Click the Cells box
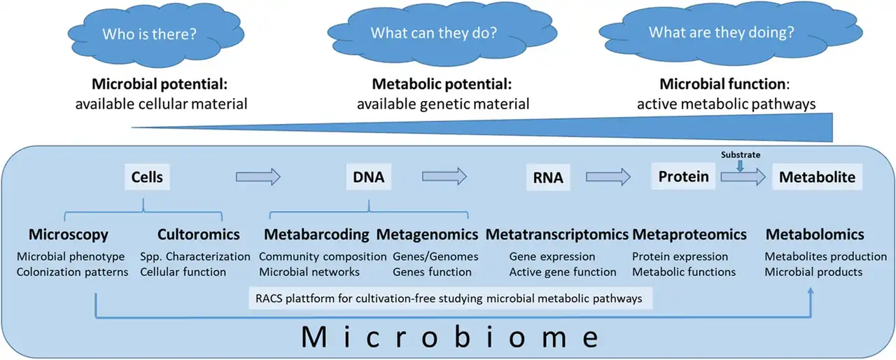[x=147, y=177]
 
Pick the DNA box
[x=368, y=177]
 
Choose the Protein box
[x=683, y=176]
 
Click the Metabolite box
[x=817, y=177]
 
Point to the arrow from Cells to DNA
[x=258, y=177]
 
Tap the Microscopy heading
[x=69, y=234]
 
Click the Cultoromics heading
[x=198, y=234]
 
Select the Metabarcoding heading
[x=316, y=234]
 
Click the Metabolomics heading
[x=815, y=234]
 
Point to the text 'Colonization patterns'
[x=72, y=272]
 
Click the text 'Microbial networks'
[x=309, y=272]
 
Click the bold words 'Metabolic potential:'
[x=442, y=85]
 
